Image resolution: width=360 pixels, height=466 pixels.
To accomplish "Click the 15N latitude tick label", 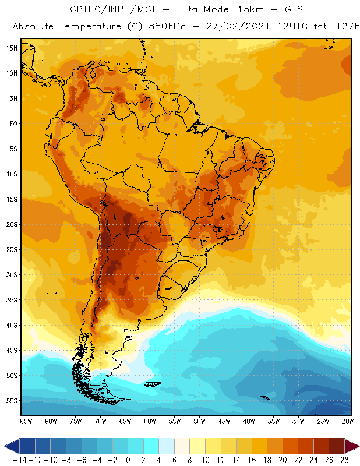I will [x=12, y=48].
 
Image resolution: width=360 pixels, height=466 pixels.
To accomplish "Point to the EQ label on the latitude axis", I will [x=13, y=123].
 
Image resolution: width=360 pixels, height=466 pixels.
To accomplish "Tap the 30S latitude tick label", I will [x=12, y=274].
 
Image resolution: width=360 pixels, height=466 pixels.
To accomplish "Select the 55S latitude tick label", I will [x=12, y=401].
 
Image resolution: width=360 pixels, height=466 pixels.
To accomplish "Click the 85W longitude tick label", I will [x=26, y=421].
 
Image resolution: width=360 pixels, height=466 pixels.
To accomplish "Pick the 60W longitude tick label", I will [x=150, y=421].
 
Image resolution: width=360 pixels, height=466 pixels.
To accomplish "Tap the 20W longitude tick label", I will [x=347, y=421].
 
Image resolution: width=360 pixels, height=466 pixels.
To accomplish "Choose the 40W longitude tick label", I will [x=249, y=421].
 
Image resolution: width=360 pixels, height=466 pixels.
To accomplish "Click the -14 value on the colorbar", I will [x=20, y=460].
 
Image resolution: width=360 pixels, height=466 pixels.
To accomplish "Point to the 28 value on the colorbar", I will [x=344, y=460].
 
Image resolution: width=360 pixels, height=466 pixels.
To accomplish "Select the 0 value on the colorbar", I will [x=128, y=460].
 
